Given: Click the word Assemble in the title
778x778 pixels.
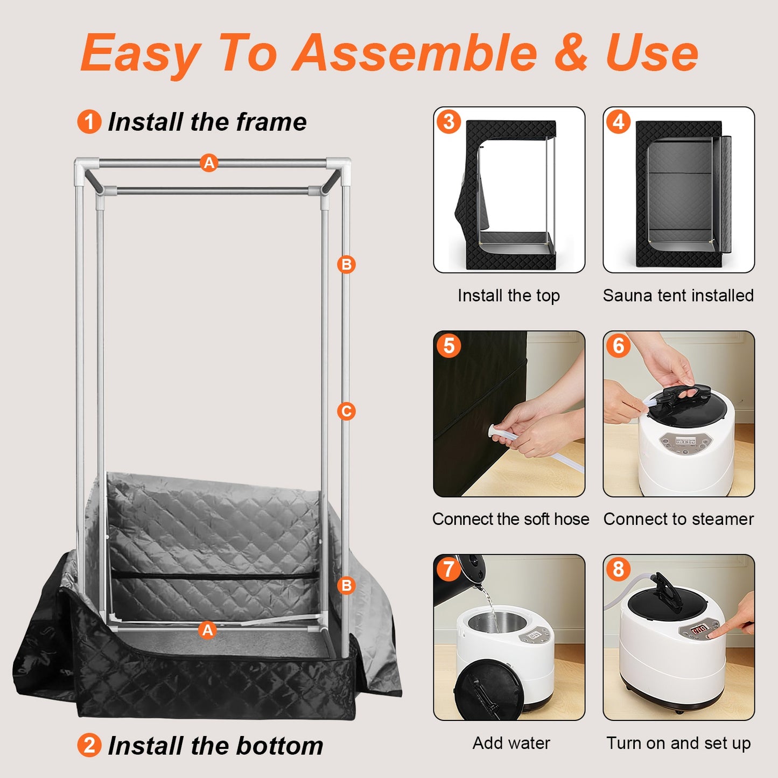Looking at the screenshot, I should (x=415, y=53).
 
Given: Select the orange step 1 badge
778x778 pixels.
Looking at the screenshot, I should (x=89, y=122).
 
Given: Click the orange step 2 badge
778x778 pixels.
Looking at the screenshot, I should (x=89, y=746).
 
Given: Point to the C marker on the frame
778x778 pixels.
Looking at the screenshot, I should (x=346, y=412).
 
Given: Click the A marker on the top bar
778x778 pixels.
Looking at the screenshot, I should (x=209, y=163).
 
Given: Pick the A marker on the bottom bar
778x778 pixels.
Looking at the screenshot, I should (x=207, y=629).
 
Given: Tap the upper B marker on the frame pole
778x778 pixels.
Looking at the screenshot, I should (x=346, y=264).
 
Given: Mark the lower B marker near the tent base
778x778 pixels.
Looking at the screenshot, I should (x=346, y=586).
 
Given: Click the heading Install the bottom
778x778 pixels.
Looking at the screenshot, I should (x=215, y=746).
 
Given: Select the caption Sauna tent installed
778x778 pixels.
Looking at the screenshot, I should (x=678, y=296).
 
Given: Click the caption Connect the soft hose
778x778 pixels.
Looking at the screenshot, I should (x=510, y=519).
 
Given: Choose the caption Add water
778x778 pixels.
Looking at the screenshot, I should (x=511, y=743).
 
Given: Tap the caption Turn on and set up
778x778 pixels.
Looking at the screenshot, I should (x=678, y=743).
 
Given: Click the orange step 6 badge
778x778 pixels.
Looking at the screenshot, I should (x=618, y=346).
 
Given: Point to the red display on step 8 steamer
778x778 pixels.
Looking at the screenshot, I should (x=699, y=629).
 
